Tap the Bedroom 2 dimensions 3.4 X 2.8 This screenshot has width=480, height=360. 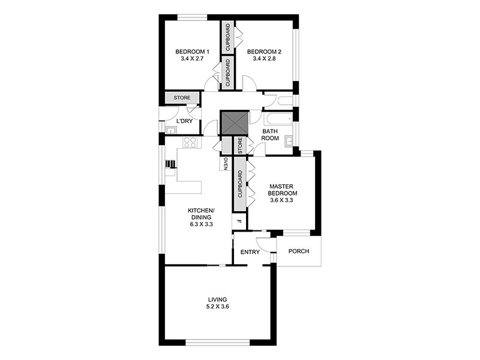264,59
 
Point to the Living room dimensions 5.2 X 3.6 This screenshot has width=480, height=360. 218,307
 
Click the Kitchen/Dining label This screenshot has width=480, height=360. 201,213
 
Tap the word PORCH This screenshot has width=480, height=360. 298,251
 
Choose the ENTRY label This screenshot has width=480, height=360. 250,252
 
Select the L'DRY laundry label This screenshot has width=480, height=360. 184,122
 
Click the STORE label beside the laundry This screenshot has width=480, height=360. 182,98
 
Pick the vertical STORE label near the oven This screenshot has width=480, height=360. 239,146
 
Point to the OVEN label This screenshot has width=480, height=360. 226,164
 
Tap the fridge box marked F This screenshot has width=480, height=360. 239,221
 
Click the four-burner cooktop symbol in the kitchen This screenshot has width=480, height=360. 191,143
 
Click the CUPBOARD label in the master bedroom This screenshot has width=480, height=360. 239,185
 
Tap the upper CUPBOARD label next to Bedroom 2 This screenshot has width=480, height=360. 227,37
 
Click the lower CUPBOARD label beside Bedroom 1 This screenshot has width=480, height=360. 227,71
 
